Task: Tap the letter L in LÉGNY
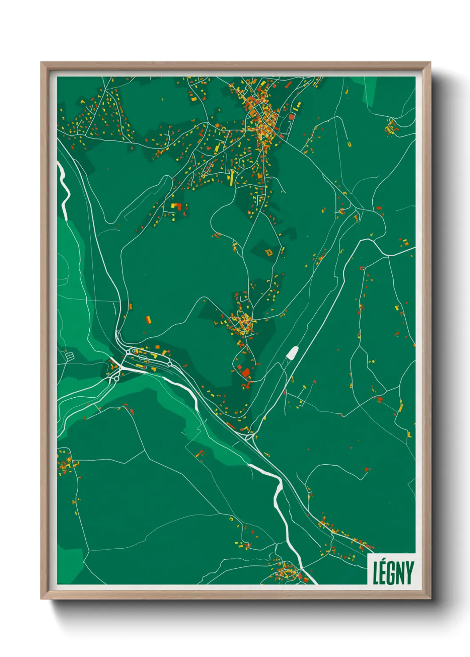pos(375,573)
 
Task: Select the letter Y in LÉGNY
pos(409,573)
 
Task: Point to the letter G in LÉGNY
pos(392,573)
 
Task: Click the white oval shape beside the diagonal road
pos(292,353)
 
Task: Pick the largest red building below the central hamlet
pos(246,372)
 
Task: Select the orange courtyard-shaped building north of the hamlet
pos(269,253)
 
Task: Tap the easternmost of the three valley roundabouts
pos(169,364)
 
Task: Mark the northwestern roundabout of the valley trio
pos(127,351)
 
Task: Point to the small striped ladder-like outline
pos(68,356)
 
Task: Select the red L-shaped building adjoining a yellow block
pos(177,206)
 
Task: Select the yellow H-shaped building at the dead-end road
pos(349,144)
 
